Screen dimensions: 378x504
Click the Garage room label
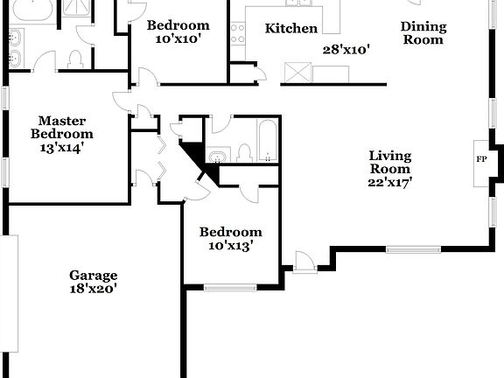coord(94,275)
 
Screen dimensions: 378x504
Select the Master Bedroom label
coord(61,127)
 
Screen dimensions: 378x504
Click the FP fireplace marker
coord(480,159)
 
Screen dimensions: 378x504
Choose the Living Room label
coord(389,162)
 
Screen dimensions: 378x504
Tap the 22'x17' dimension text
coord(389,182)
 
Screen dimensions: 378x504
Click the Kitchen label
coord(291,29)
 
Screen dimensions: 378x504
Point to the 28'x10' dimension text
coord(346,50)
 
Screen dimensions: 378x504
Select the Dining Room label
coord(423,32)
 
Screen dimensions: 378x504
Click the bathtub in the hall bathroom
coord(267,141)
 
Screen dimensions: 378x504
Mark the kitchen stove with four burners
coord(237,33)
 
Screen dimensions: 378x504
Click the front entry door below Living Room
coord(304,262)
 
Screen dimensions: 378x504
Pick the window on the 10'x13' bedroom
coord(230,286)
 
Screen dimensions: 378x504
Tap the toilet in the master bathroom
coord(74,60)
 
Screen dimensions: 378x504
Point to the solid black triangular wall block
coord(198,157)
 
